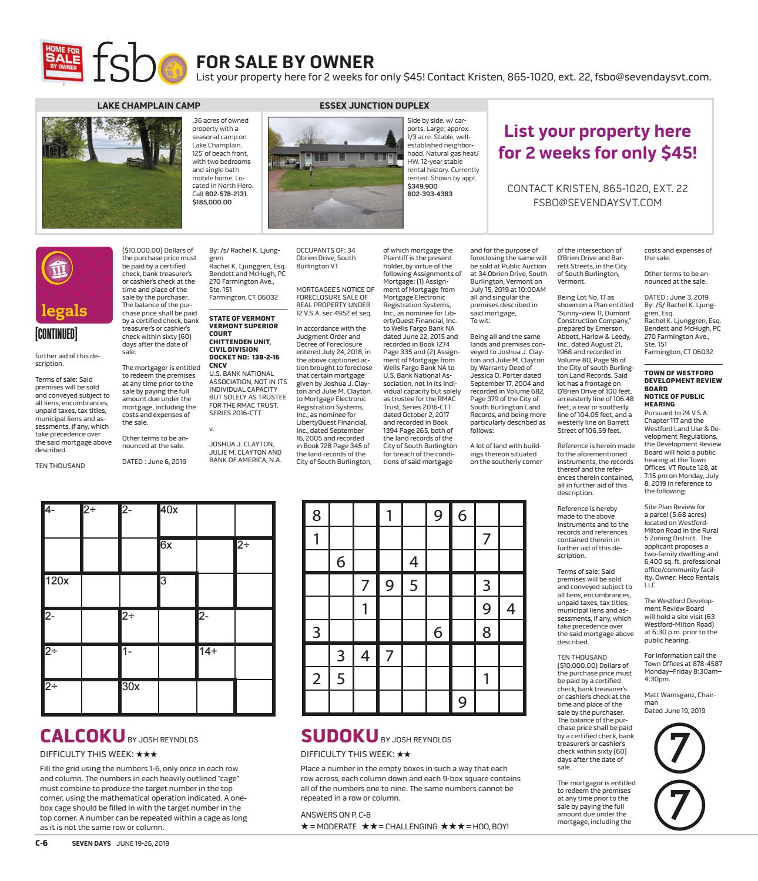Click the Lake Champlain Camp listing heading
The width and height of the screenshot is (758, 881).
148,106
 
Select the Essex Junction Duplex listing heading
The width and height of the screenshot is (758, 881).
374,106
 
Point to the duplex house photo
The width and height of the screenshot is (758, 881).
335,172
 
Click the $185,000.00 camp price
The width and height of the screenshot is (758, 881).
212,202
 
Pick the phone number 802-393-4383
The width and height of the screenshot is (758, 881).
430,194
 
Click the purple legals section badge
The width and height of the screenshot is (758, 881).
73,284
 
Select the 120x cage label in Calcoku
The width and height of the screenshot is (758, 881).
58,581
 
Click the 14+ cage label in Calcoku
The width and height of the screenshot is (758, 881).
208,651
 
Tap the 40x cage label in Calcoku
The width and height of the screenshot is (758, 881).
169,510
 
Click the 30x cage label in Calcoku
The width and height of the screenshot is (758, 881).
131,687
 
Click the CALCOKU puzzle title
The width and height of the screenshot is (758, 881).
82,736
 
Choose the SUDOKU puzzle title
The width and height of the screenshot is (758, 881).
339,736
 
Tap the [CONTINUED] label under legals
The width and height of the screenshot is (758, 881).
56,335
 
